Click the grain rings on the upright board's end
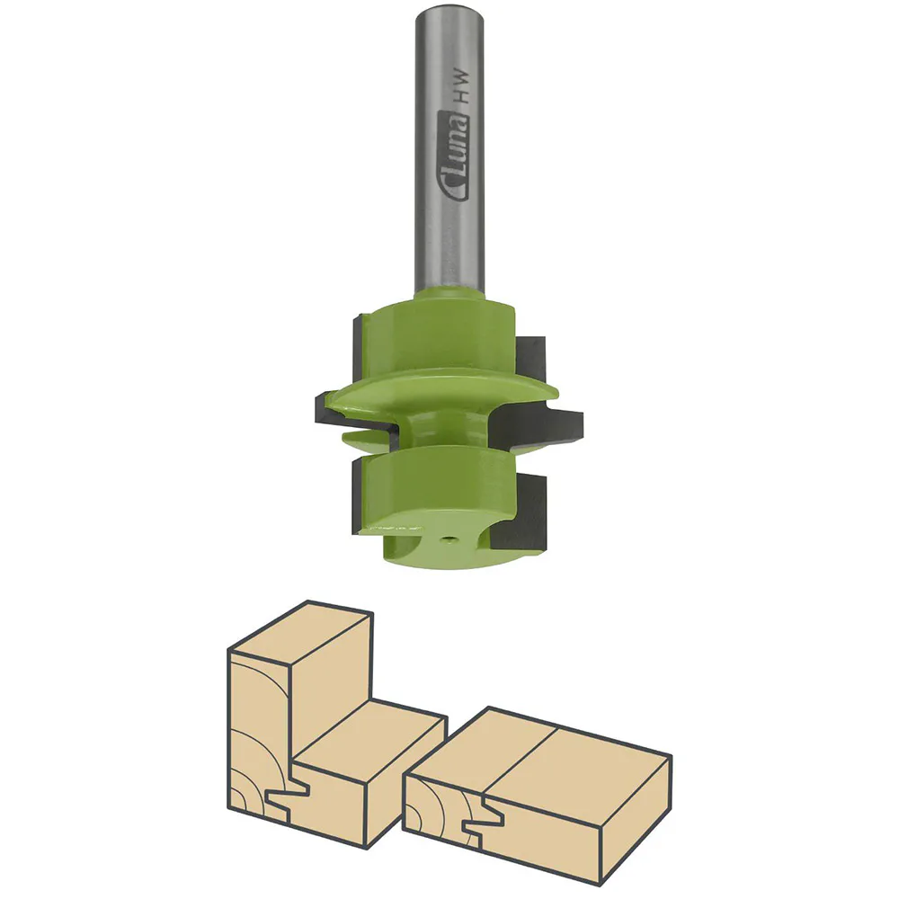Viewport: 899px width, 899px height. point(256,737)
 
